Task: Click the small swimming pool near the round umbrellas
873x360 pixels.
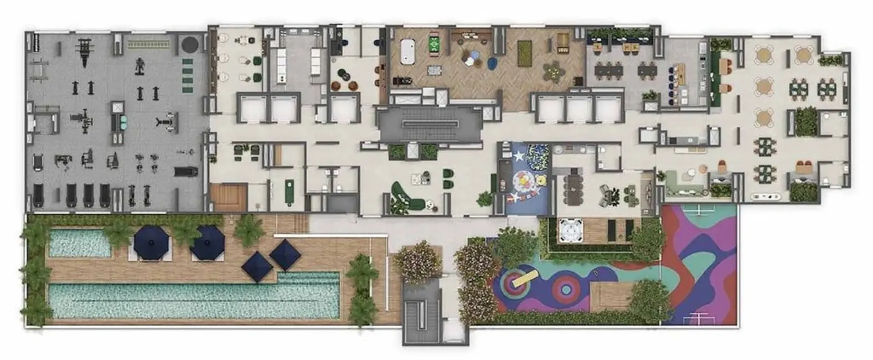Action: click(x=80, y=243)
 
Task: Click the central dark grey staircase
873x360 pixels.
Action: click(x=430, y=124)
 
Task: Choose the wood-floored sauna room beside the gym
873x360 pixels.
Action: click(x=228, y=197)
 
